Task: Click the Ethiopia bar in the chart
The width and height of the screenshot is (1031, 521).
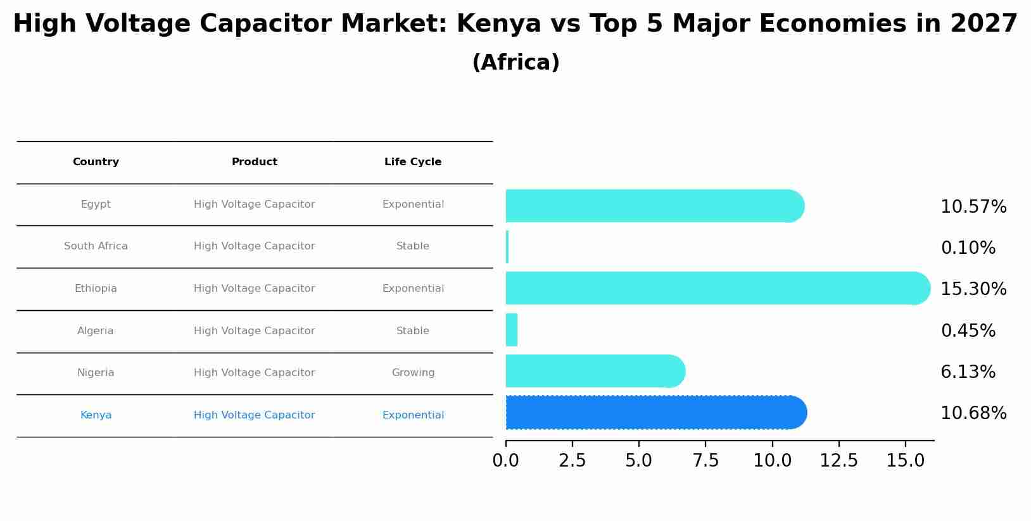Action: point(716,288)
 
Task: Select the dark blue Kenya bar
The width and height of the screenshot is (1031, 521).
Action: point(655,413)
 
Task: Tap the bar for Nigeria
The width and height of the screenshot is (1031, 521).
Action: point(594,371)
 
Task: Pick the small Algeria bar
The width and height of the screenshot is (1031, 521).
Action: point(512,330)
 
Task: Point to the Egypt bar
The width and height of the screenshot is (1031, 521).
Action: point(654,206)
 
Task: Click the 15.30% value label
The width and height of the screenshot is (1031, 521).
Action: point(973,289)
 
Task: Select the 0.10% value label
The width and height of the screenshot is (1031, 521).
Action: point(968,248)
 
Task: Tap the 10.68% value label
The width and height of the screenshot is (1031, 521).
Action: point(973,413)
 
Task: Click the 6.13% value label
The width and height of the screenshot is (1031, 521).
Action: point(968,372)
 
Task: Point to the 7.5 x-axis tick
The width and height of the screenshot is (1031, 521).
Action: point(705,461)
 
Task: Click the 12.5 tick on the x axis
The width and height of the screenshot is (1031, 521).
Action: point(838,461)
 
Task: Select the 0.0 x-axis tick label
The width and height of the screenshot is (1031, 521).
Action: point(505,461)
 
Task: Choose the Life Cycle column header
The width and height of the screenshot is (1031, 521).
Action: point(413,162)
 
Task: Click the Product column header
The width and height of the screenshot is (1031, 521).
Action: point(255,162)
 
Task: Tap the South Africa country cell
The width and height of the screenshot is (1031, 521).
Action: point(96,246)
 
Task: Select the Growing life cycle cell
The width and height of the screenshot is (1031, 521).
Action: point(413,373)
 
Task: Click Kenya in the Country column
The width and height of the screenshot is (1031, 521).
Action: point(96,415)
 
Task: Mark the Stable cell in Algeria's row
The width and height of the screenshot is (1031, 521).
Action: point(413,331)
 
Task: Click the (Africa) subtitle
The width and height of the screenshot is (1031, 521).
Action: point(515,63)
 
